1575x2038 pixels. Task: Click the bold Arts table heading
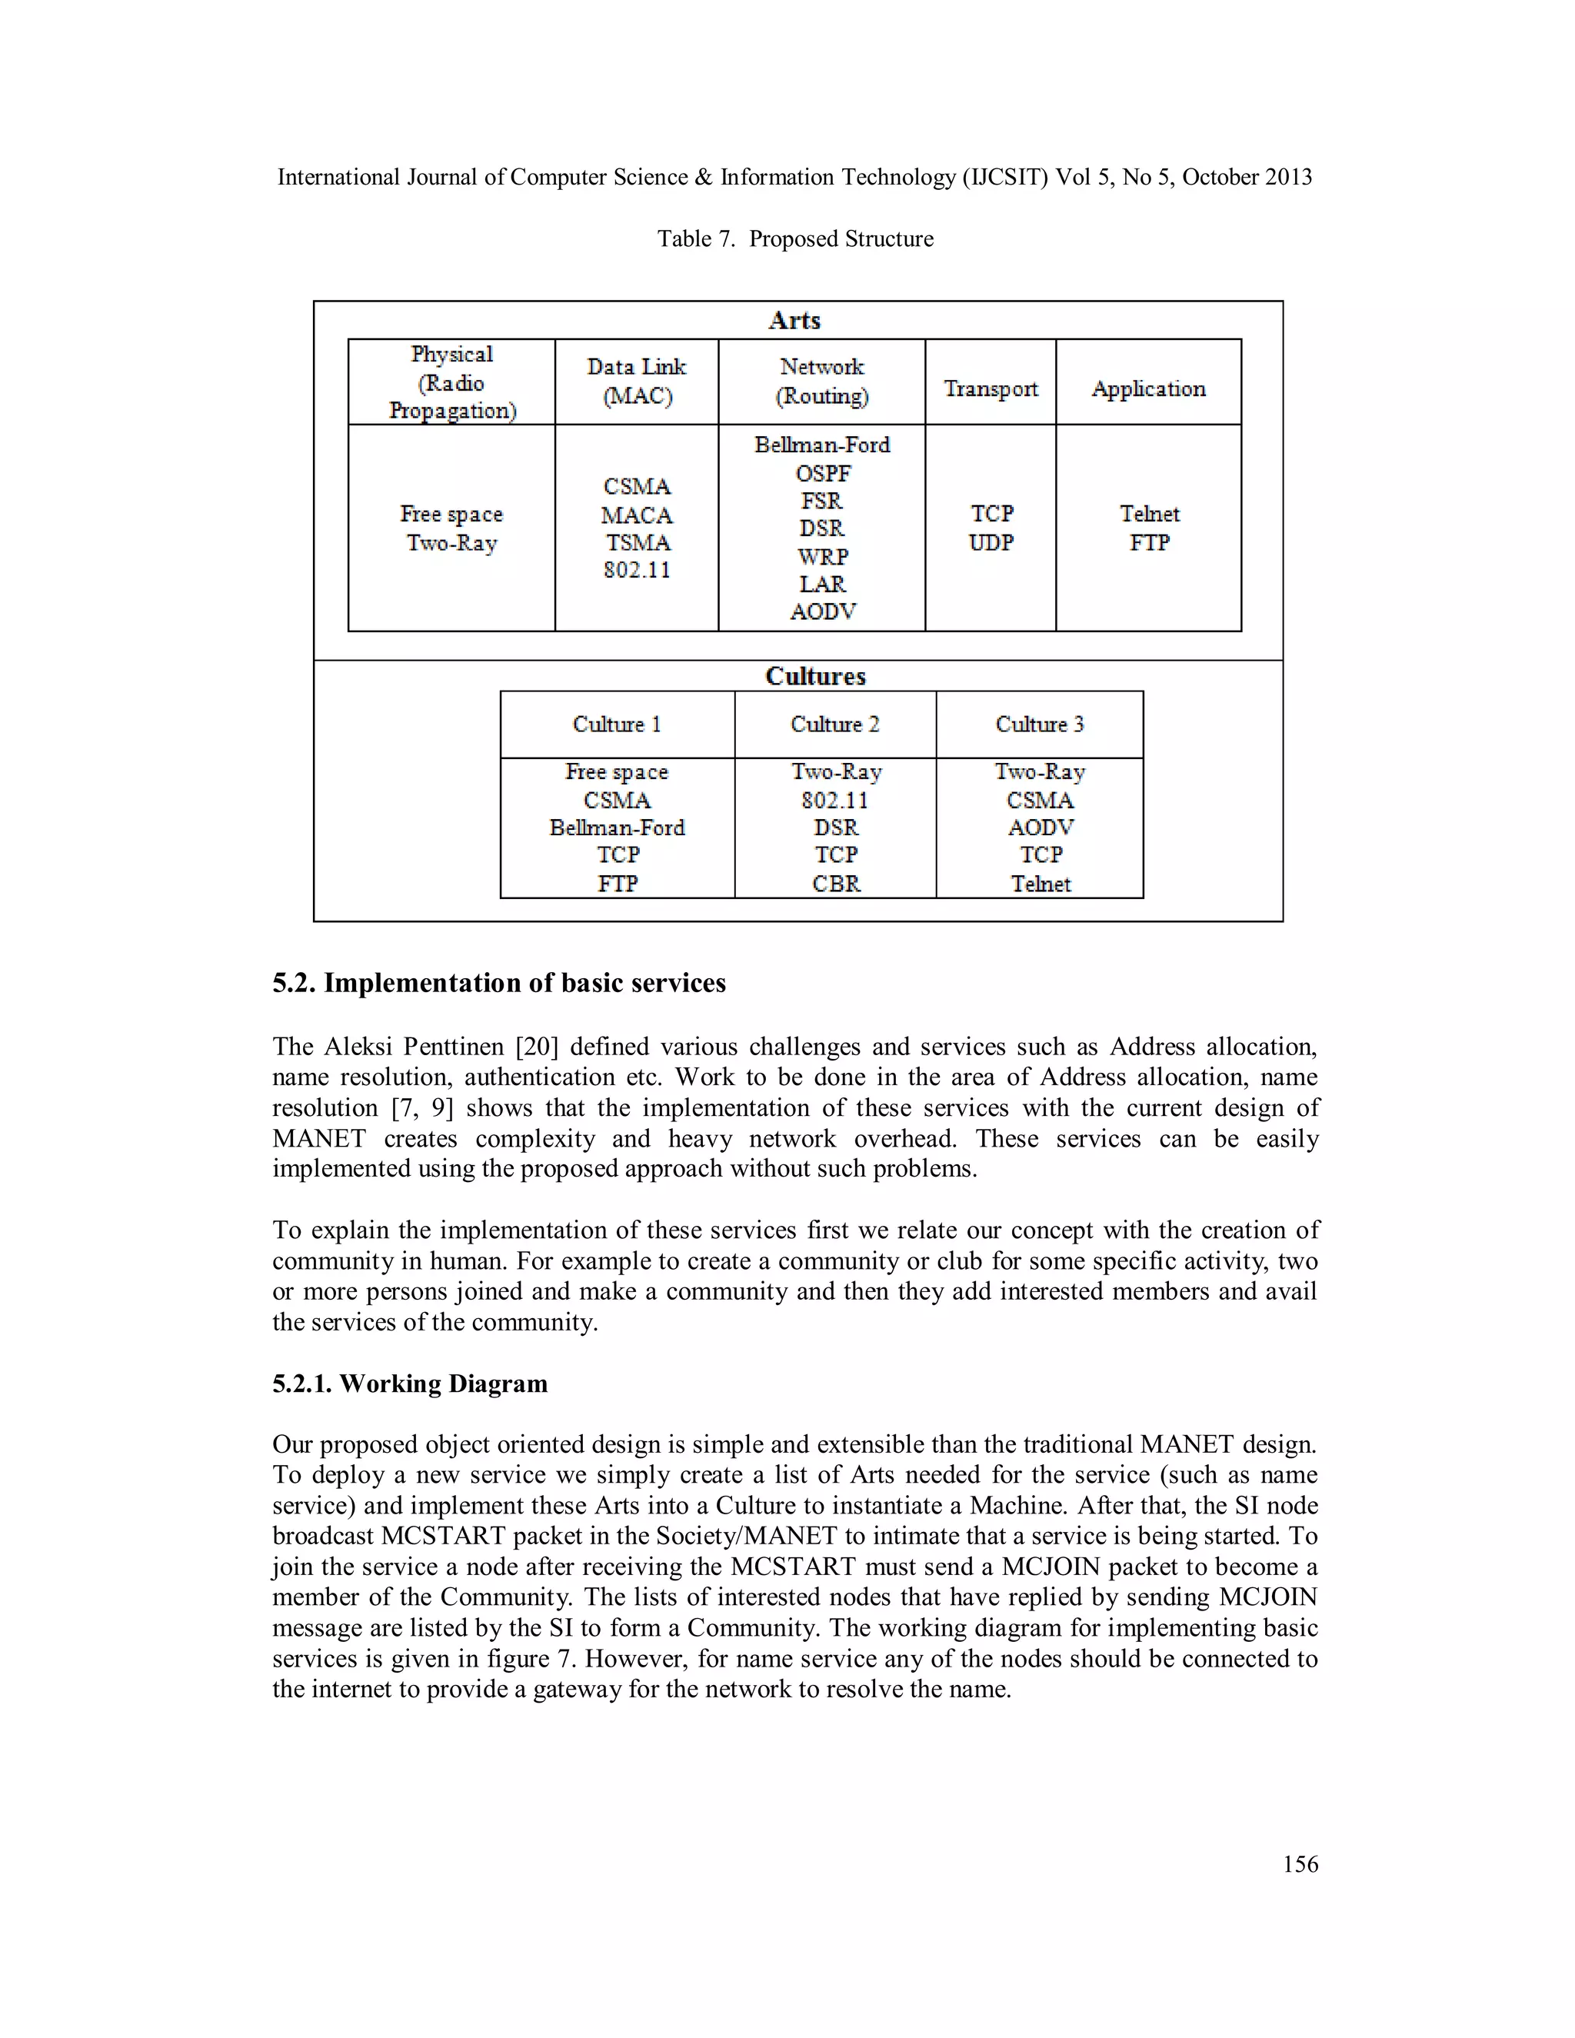pos(794,320)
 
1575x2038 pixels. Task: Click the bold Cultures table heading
pos(814,675)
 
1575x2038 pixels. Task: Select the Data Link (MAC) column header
pos(636,381)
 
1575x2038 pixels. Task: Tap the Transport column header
pos(990,388)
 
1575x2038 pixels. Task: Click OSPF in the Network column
pos(822,473)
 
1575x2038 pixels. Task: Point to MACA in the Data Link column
pos(636,515)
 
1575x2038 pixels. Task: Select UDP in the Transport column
pos(990,542)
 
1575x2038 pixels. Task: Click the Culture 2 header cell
pos(834,724)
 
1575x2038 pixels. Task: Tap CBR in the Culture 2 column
pos(835,883)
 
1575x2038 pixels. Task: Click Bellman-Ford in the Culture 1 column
pos(617,828)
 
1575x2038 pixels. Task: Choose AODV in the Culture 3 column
pos(1040,828)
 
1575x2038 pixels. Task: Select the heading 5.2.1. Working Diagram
pos(410,1383)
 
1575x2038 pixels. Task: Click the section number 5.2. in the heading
pos(294,983)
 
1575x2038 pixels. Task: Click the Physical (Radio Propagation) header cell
pos(451,381)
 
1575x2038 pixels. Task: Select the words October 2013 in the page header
pos(1247,178)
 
